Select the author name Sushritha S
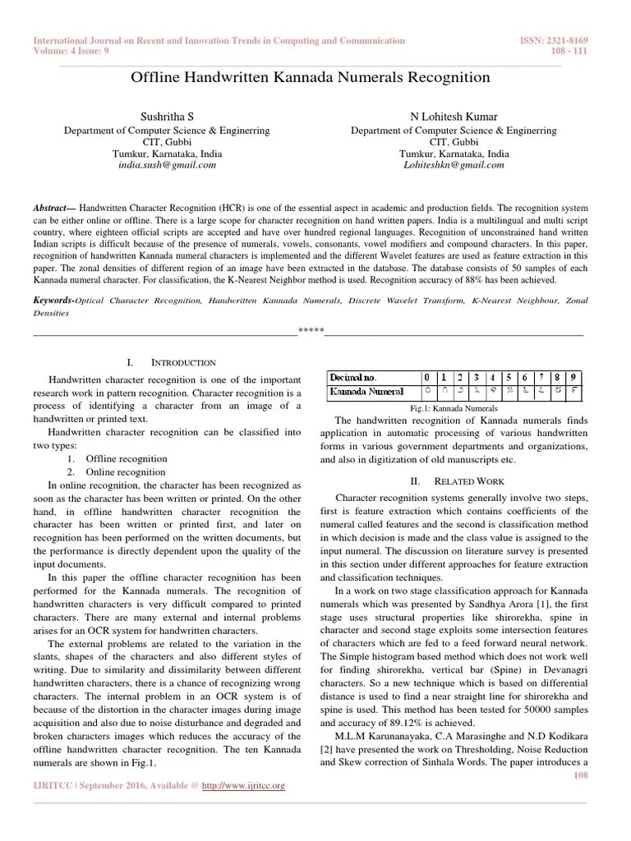(x=166, y=117)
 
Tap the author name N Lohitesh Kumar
(x=454, y=117)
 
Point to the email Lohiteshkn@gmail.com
(x=454, y=165)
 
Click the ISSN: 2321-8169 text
(x=555, y=40)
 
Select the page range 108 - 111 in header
(x=569, y=50)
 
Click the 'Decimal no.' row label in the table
(x=353, y=377)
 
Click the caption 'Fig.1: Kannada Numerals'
(x=454, y=408)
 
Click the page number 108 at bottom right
(x=580, y=774)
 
